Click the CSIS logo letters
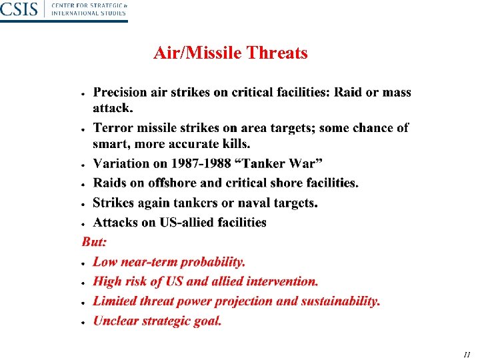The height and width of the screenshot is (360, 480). tap(19, 9)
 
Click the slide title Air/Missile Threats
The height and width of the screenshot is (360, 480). tap(230, 53)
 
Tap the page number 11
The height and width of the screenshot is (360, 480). tap(467, 354)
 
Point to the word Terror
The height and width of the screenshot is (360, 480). tap(113, 128)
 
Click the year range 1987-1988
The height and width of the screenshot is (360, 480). tap(207, 163)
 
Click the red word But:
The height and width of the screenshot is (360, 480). tap(94, 242)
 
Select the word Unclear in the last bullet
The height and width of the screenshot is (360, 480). tap(116, 321)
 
